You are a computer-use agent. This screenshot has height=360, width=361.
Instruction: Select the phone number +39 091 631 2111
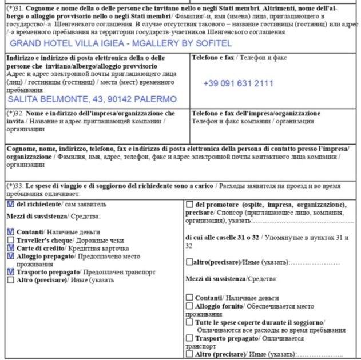coord(238,83)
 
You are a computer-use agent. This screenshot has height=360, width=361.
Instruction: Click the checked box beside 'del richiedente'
coord(10,204)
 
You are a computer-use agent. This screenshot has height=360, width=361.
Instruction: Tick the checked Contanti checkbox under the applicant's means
coord(11,232)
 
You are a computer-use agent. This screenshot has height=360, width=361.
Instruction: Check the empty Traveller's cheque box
coord(11,240)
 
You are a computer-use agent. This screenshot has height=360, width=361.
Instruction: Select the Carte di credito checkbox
coord(11,248)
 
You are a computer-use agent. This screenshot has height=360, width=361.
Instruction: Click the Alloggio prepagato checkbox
coord(11,256)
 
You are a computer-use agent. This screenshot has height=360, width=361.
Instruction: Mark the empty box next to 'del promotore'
coord(190,205)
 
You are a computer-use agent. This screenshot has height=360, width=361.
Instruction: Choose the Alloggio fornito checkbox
coord(190,306)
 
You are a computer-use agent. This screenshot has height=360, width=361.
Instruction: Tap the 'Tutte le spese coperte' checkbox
coord(190,322)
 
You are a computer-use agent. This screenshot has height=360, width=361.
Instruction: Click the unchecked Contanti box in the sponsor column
coord(190,298)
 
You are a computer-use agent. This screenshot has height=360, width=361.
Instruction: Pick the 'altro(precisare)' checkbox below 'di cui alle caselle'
coord(189,262)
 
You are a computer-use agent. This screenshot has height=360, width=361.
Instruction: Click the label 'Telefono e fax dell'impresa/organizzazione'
coord(256,113)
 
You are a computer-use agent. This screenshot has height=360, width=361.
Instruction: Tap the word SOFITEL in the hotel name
coord(212,43)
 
